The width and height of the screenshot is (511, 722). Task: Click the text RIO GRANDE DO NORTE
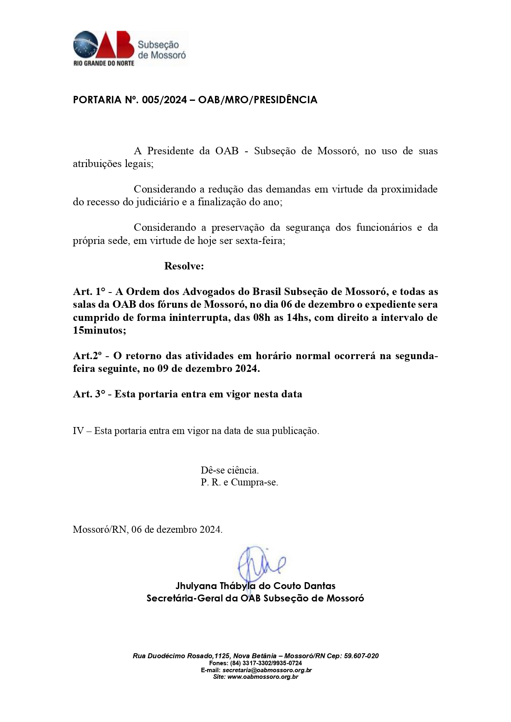click(x=104, y=63)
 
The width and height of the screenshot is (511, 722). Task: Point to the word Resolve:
click(x=184, y=266)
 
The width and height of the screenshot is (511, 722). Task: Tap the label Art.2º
click(x=87, y=356)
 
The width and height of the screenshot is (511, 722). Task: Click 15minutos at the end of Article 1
click(x=98, y=330)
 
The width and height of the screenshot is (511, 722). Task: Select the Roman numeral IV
click(x=78, y=431)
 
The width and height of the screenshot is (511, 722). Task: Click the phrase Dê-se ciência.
click(x=230, y=470)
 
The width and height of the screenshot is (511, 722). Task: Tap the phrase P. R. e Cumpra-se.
click(x=239, y=483)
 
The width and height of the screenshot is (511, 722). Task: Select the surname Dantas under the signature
click(x=320, y=586)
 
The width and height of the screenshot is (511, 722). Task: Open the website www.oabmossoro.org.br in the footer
click(x=263, y=677)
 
